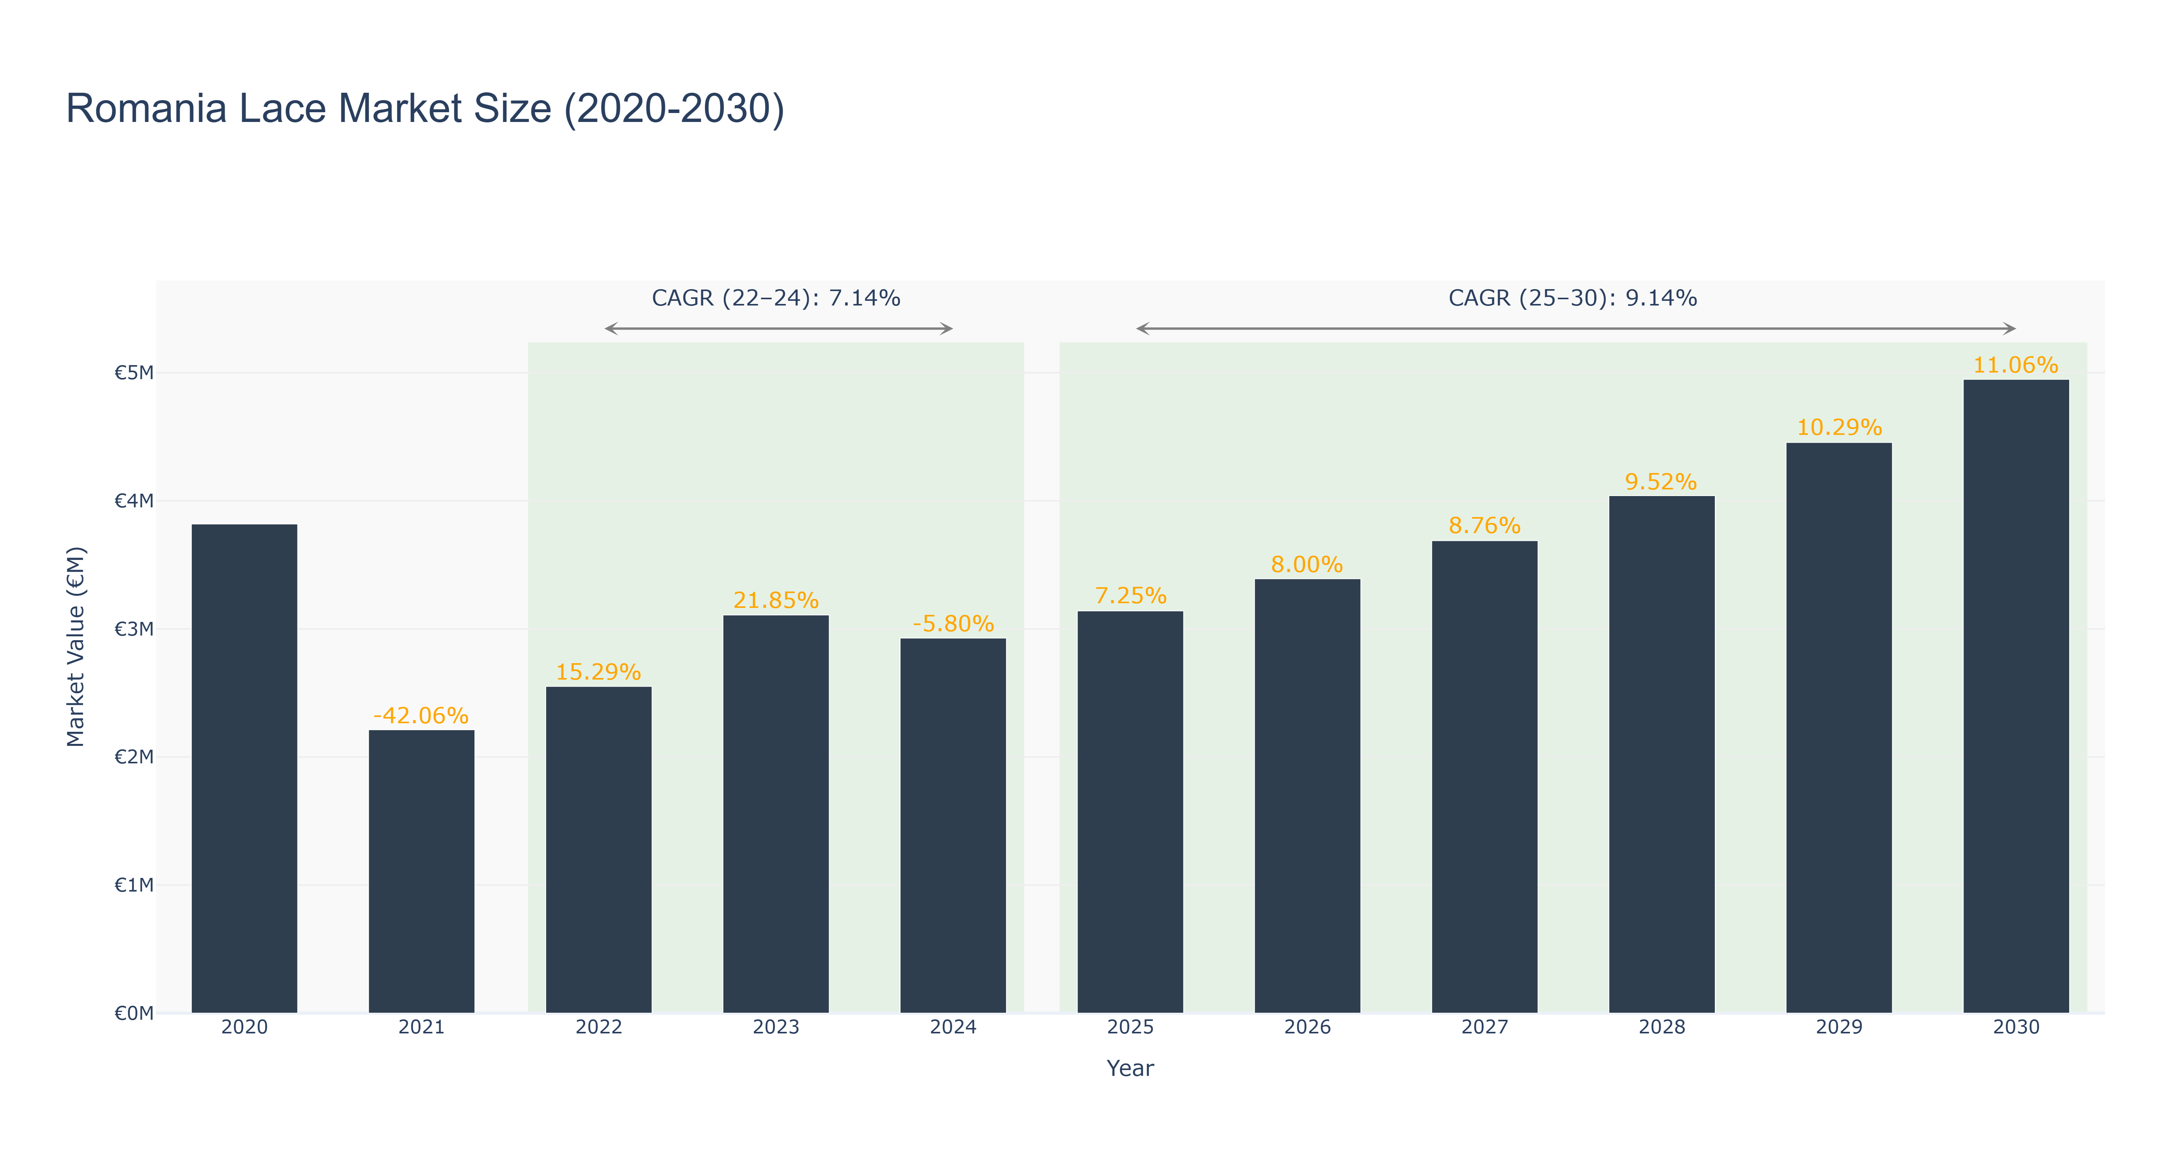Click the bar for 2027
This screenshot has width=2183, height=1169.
[x=1485, y=777]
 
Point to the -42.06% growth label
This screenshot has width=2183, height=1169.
[x=421, y=716]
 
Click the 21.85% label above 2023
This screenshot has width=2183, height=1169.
[x=776, y=600]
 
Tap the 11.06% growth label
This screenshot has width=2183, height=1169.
[x=2016, y=365]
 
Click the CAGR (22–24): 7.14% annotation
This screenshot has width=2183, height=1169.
[x=776, y=298]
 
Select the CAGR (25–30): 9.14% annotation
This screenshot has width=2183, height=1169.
[x=1573, y=298]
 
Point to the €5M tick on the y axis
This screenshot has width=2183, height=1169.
[x=134, y=373]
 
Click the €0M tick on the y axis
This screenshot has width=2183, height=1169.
[x=134, y=1013]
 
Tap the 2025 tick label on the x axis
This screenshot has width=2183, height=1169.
[x=1130, y=1028]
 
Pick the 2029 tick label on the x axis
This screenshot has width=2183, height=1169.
[x=1839, y=1028]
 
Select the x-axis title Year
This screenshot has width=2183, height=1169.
[x=1130, y=1068]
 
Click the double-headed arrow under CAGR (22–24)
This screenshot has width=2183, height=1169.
[x=779, y=328]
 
